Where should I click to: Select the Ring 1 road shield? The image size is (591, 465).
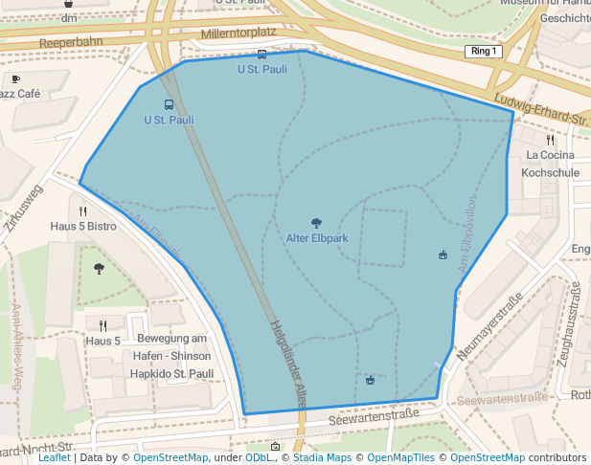pyautogui.click(x=483, y=51)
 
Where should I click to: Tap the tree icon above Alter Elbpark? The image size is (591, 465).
pyautogui.click(x=317, y=223)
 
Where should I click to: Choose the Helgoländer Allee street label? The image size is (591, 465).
pyautogui.click(x=287, y=365)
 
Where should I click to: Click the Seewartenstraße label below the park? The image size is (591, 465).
pyautogui.click(x=374, y=417)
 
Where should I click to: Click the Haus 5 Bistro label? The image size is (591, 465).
pyautogui.click(x=83, y=227)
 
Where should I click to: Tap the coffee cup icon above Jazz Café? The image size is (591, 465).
pyautogui.click(x=15, y=78)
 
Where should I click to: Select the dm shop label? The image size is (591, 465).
pyautogui.click(x=68, y=17)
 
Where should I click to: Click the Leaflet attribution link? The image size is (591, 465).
pyautogui.click(x=55, y=458)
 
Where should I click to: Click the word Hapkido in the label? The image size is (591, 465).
pyautogui.click(x=151, y=373)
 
